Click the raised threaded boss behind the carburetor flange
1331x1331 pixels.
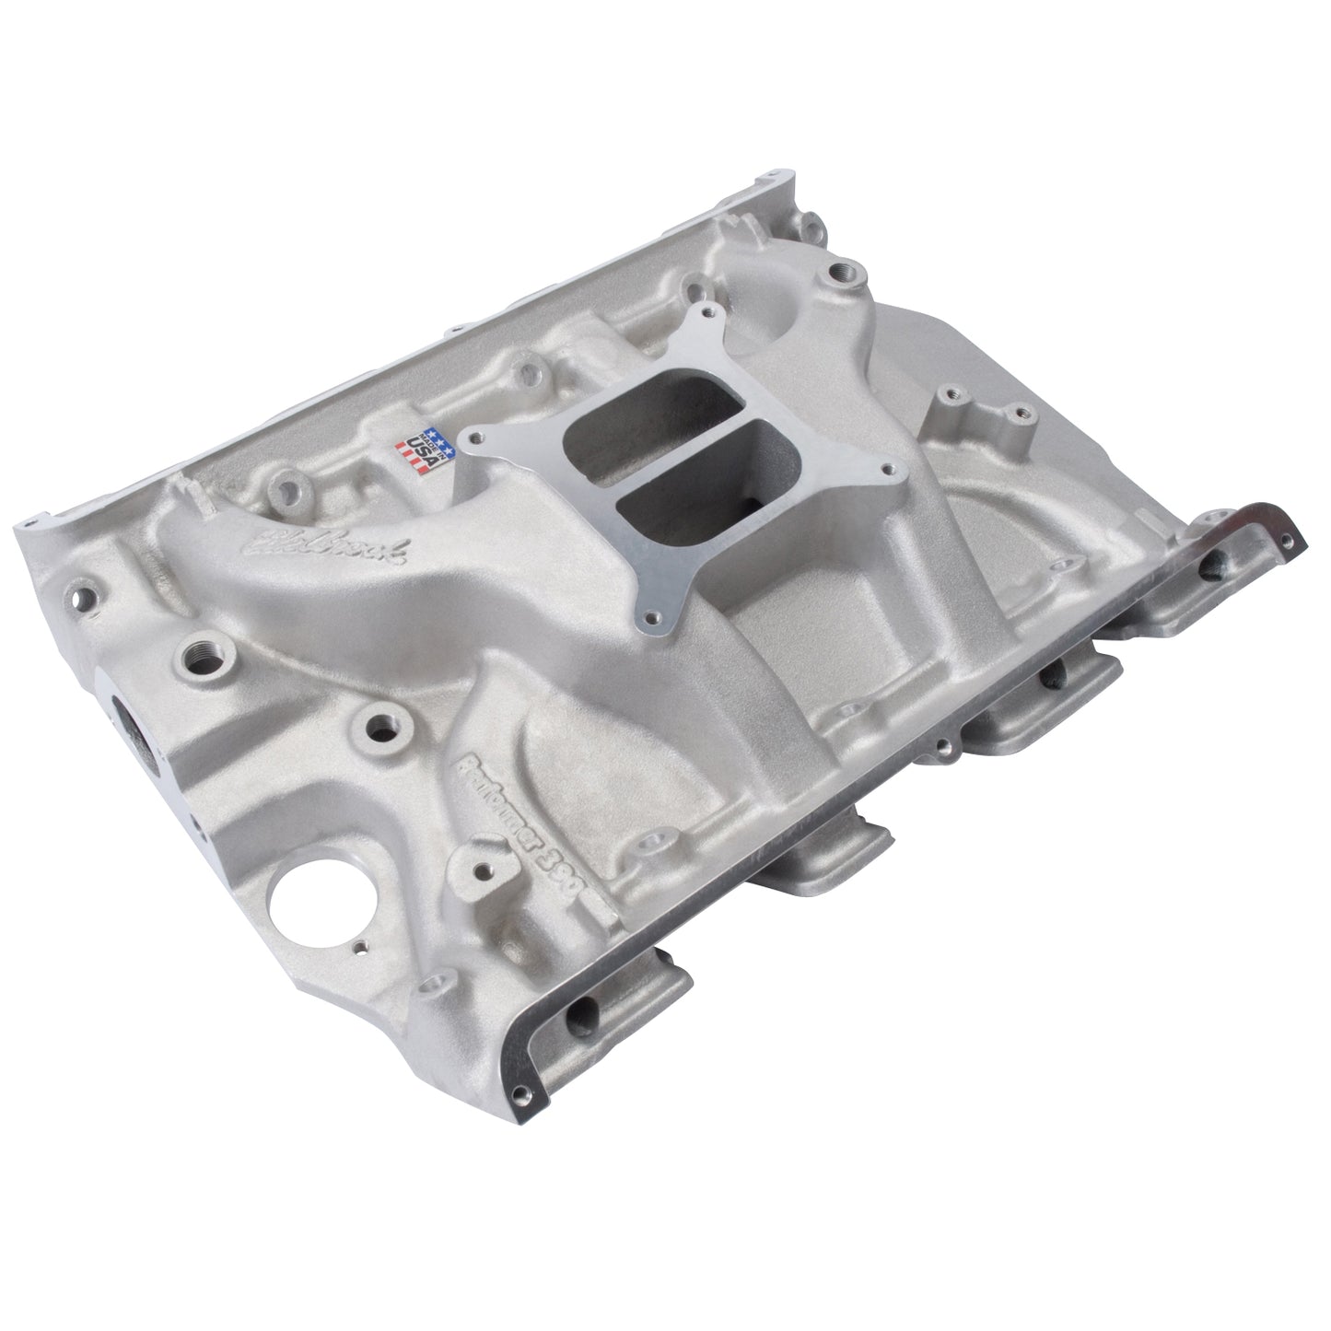[841, 273]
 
